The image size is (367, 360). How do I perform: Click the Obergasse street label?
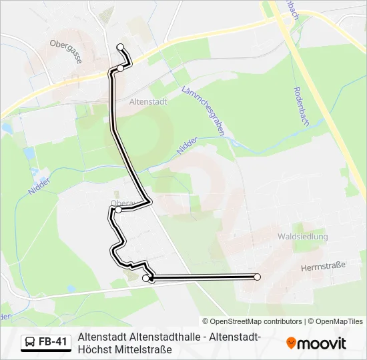66,51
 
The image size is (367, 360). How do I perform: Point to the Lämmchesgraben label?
202,111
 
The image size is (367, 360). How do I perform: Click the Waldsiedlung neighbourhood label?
303,237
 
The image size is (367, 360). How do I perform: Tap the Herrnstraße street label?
323,265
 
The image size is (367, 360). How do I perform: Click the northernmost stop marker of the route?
121,47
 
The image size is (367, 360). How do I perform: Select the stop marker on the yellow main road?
120,69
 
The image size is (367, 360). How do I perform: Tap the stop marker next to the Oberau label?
118,210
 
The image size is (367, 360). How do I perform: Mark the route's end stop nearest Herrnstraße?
257,277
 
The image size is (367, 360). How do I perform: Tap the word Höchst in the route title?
93,349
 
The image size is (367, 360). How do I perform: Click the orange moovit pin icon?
291,343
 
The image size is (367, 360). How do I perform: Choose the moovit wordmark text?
322,344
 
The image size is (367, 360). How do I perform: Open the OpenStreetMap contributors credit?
252,321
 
